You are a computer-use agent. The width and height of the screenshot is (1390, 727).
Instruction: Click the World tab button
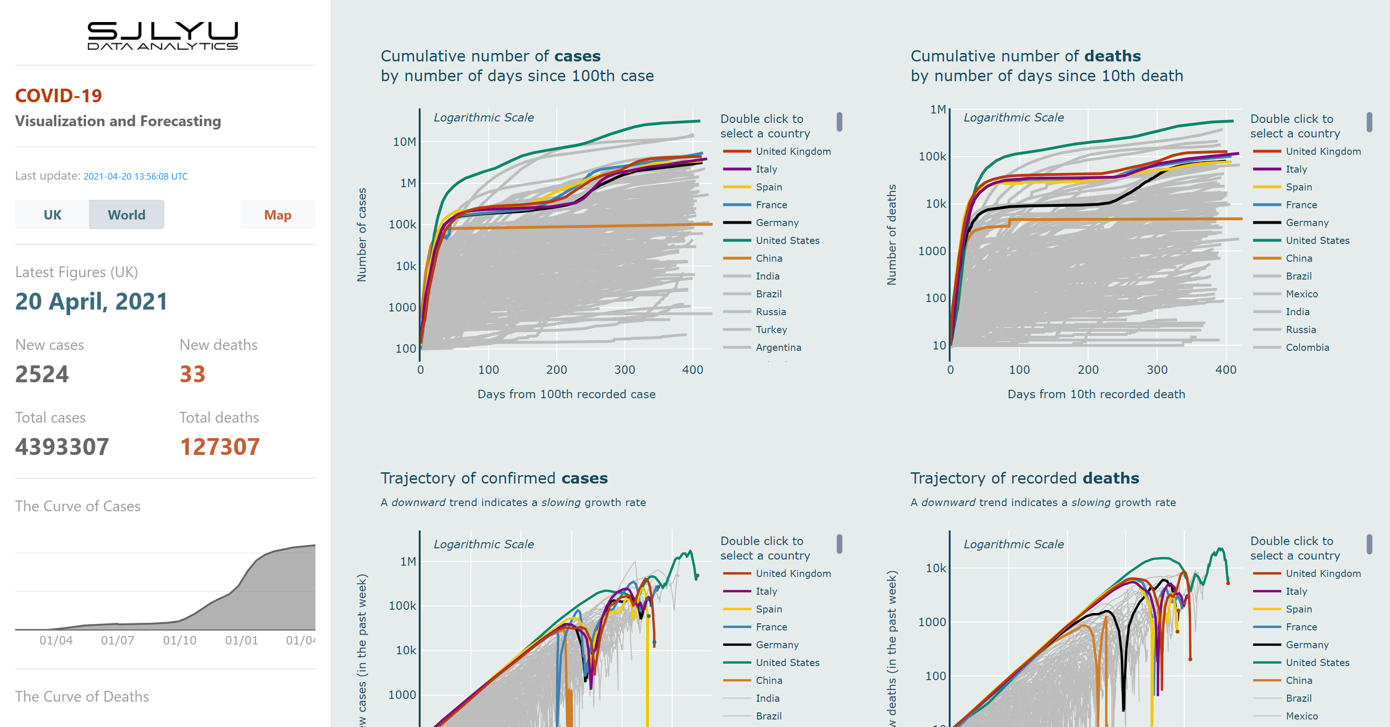pyautogui.click(x=126, y=215)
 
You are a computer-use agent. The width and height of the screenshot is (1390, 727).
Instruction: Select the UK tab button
pyautogui.click(x=52, y=215)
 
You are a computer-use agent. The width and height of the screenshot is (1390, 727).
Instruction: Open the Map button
pyautogui.click(x=277, y=215)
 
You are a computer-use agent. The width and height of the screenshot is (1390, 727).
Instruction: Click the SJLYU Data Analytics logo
pyautogui.click(x=162, y=36)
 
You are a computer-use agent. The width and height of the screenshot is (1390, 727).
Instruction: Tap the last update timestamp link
pyautogui.click(x=136, y=176)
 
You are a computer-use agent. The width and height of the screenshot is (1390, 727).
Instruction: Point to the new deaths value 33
pyautogui.click(x=192, y=374)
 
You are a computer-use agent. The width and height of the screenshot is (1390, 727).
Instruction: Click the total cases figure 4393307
pyautogui.click(x=62, y=447)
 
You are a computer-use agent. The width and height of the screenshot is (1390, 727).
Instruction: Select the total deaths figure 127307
pyautogui.click(x=220, y=447)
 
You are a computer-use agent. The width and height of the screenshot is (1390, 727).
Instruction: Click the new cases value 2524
pyautogui.click(x=42, y=374)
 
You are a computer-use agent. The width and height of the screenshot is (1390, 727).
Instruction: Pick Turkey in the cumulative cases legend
pyautogui.click(x=771, y=330)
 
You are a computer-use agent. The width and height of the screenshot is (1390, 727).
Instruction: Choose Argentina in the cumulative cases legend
pyautogui.click(x=778, y=348)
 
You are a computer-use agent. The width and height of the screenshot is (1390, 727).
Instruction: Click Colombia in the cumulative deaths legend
pyautogui.click(x=1307, y=348)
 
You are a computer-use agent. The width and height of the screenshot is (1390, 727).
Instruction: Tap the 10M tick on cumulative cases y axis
pyautogui.click(x=404, y=142)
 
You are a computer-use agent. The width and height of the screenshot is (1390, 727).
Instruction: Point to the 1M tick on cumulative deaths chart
pyautogui.click(x=938, y=109)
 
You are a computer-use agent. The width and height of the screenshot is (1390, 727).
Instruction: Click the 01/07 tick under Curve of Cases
pyautogui.click(x=118, y=640)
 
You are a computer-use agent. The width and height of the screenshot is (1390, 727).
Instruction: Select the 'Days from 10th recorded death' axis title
pyautogui.click(x=1096, y=394)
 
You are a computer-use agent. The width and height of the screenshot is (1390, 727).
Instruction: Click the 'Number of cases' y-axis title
pyautogui.click(x=361, y=235)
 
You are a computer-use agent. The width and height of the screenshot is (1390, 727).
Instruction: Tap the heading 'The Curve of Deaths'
pyautogui.click(x=82, y=696)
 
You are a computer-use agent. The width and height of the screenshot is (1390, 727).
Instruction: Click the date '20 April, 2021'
pyautogui.click(x=91, y=301)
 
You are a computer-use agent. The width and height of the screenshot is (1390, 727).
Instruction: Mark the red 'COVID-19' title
pyautogui.click(x=58, y=96)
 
